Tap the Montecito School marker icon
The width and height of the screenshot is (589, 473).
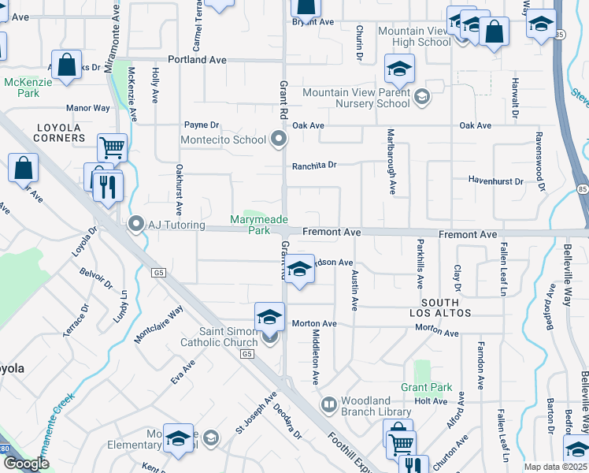277,140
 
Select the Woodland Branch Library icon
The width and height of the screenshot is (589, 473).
328,404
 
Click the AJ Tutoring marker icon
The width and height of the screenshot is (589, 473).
135,226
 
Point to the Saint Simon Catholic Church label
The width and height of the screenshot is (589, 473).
219,337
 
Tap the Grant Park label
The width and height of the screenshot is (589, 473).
426,387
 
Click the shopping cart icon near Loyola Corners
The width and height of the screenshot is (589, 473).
112,147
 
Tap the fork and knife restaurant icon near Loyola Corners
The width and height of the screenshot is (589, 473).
107,188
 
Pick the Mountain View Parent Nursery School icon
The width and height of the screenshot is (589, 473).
421,97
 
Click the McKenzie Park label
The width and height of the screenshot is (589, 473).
22,88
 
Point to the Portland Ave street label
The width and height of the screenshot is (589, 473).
197,60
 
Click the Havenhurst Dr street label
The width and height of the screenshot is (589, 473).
495,181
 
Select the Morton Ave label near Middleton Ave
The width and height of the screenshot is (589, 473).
314,324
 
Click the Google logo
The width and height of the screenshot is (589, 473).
25,463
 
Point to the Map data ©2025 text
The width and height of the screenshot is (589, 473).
554,467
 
